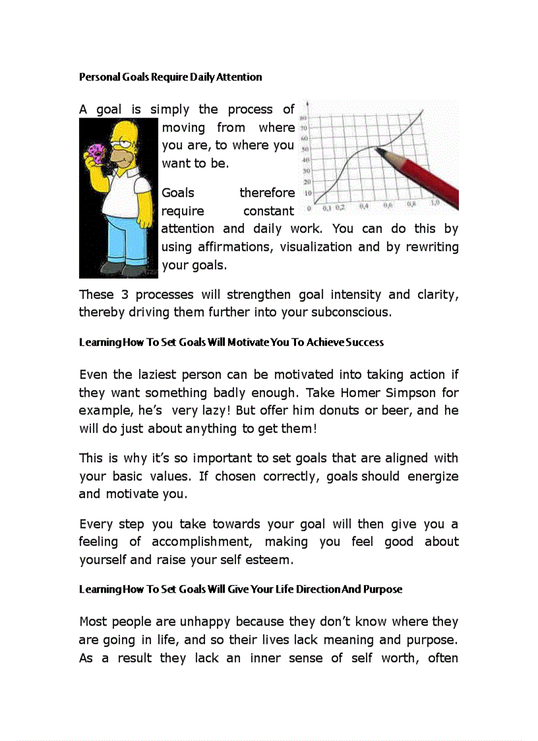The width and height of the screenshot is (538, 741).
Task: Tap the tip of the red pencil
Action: tap(378, 150)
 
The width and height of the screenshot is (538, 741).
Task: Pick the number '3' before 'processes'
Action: tap(123, 295)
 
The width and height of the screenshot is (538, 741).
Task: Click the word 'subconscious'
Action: tap(354, 312)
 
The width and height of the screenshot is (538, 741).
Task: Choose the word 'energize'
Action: tap(433, 476)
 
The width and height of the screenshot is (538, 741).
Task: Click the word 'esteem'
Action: tap(270, 560)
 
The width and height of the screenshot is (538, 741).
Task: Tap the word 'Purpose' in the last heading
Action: tap(381, 589)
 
